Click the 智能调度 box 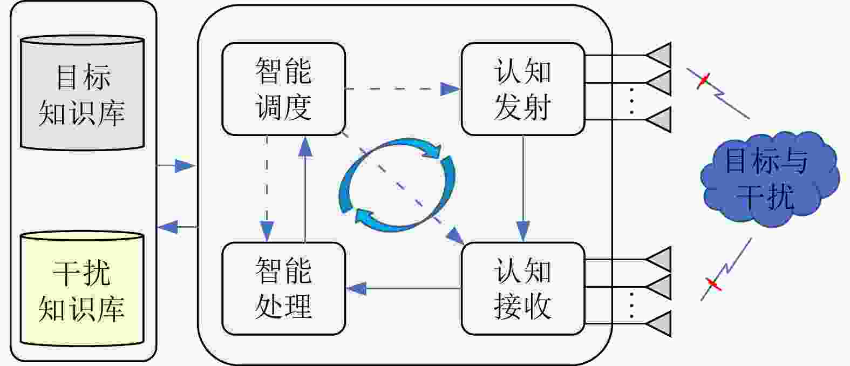pos(283,89)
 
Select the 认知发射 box pos(522,89)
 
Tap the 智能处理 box pos(283,288)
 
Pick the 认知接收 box pos(522,288)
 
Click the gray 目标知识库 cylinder pos(82,93)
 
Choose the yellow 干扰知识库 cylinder pos(82,289)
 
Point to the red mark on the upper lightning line pos(703,81)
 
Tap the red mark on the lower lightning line pos(713,283)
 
